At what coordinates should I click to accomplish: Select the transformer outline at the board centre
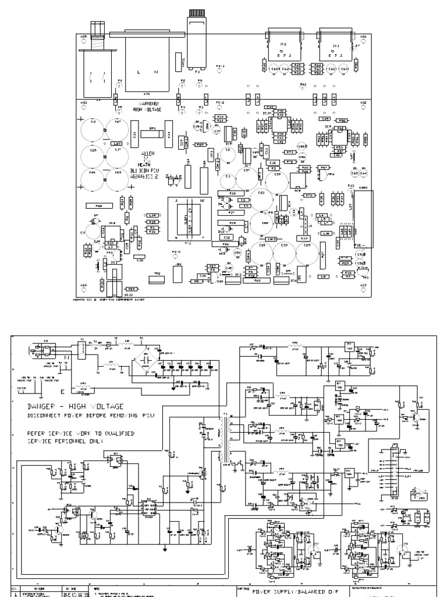(186, 219)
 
